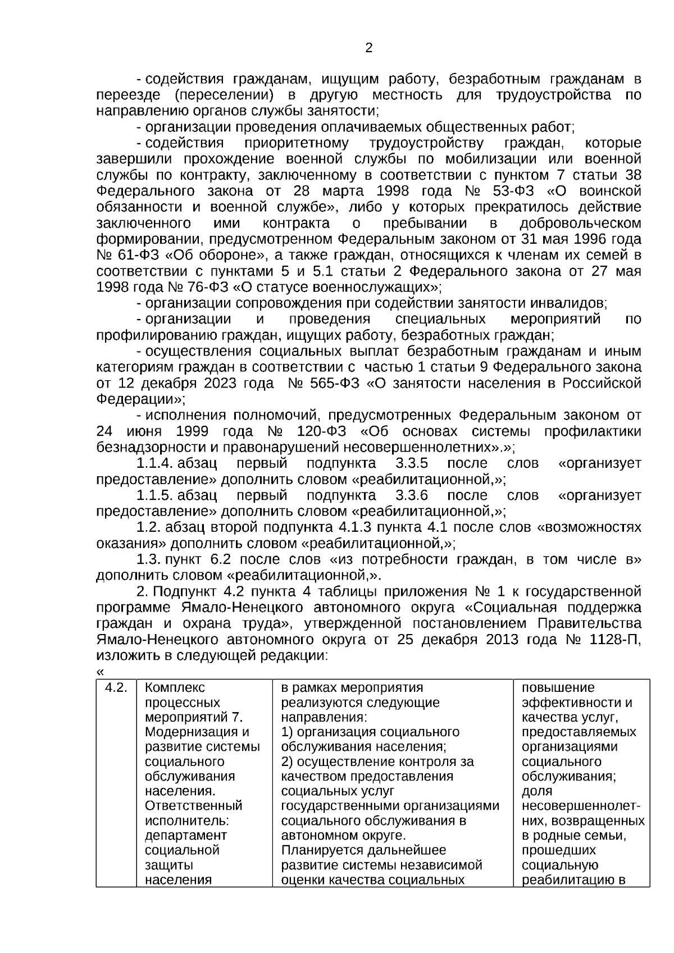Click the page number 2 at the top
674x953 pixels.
368,48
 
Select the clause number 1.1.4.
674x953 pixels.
154,464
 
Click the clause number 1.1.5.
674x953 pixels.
154,496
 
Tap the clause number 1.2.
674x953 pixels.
149,528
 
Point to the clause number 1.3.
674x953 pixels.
149,560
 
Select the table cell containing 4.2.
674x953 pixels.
116,688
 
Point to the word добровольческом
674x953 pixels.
580,224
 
